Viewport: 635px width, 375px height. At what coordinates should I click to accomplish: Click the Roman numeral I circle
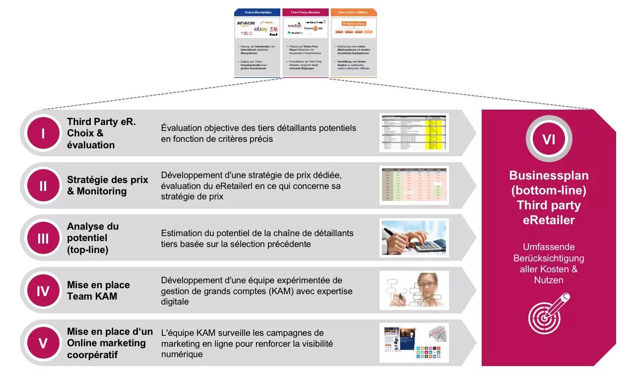pos(43,133)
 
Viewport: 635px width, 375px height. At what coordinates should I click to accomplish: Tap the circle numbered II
pos(43,186)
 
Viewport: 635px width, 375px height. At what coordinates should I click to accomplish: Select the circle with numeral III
pos(43,238)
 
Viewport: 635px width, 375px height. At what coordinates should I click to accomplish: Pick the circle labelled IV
pos(43,291)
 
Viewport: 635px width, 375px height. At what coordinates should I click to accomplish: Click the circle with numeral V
pos(43,343)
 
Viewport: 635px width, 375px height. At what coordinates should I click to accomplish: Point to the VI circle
pos(549,139)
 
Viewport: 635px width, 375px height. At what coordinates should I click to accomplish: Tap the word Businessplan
pos(549,176)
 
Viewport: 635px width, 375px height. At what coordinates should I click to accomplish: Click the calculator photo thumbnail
pos(414,238)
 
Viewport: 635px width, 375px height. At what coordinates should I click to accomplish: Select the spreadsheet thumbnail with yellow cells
pos(414,133)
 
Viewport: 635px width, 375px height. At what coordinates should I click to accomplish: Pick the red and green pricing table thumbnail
pos(414,186)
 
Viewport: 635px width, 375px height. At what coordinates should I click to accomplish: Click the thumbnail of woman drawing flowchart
pos(414,291)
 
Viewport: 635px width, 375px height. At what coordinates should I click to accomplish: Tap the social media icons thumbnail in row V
pos(414,343)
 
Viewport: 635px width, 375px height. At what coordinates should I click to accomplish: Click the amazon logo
pos(246,23)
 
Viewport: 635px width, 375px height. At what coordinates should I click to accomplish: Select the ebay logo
pos(260,30)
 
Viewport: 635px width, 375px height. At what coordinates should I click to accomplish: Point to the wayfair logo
pos(294,25)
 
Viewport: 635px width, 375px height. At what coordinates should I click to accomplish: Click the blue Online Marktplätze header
pos(257,12)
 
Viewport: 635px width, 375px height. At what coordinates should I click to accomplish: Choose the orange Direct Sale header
pos(353,12)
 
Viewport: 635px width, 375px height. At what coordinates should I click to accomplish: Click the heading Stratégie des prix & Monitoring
pos(108,186)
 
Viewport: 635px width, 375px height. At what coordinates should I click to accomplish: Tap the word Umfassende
pos(549,247)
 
